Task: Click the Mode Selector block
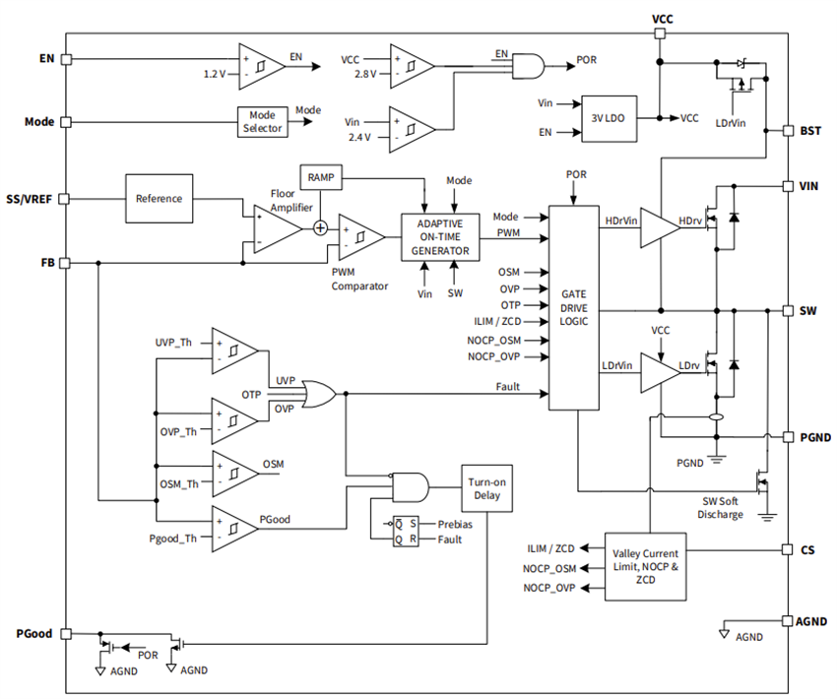263,122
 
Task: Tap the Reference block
159,198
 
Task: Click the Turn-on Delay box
486,489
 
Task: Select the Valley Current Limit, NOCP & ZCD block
646,567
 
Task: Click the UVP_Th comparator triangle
233,350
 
